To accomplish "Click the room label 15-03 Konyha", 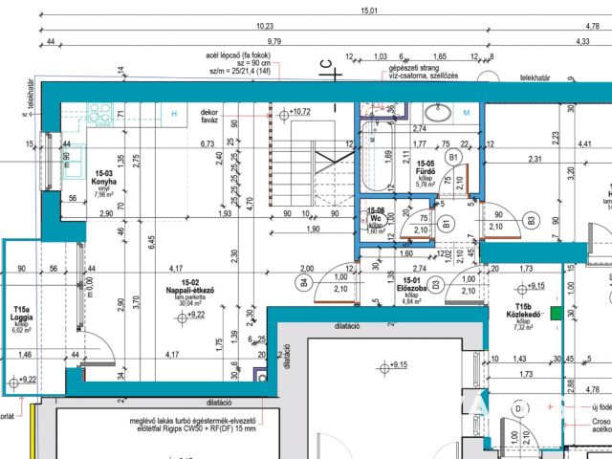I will point(103,178).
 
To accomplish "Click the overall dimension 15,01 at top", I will point(368,11).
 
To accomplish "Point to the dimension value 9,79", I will point(274,41).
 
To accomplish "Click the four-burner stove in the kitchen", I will point(100,115).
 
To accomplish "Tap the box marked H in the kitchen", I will point(173,114).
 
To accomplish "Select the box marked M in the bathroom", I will point(467,114).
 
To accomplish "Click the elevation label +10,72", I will point(299,112).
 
